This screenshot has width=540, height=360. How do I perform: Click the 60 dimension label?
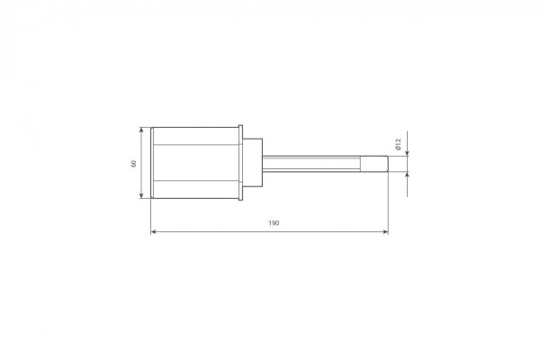click(x=133, y=163)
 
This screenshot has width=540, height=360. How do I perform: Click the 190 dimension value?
click(x=274, y=223)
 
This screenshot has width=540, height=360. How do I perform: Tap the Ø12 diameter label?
click(x=399, y=144)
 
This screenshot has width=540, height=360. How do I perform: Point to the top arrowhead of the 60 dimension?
click(x=141, y=130)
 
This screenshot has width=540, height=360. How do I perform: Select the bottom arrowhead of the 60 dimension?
click(x=141, y=195)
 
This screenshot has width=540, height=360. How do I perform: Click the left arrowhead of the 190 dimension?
click(x=154, y=232)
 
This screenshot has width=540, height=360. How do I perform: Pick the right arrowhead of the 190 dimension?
click(x=385, y=232)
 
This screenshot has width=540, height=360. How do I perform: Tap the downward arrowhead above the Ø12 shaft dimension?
click(x=408, y=153)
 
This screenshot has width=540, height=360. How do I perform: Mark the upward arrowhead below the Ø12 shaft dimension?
click(x=408, y=175)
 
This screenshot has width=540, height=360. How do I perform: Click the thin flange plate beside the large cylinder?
click(x=240, y=163)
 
